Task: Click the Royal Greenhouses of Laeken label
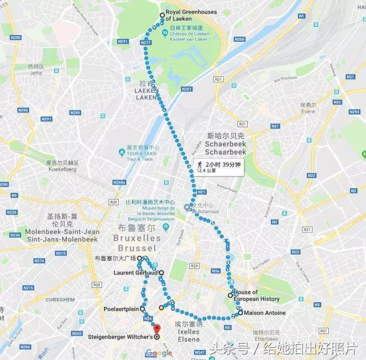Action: coord(184,15)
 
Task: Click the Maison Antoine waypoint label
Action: coord(264,313)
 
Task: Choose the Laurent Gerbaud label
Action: coord(136,273)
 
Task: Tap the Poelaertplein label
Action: coord(121,308)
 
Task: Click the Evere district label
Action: coord(308,111)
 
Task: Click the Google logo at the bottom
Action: coord(159,353)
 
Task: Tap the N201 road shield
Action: coord(186,89)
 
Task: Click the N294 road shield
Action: coord(354,112)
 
